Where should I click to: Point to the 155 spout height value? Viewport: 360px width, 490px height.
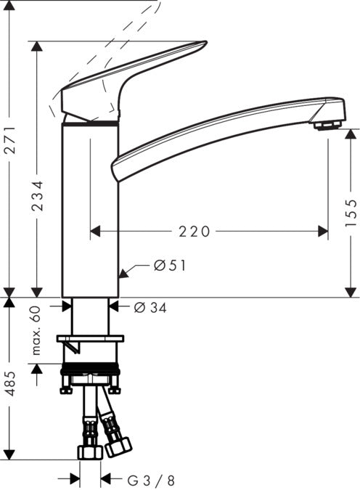[351, 213]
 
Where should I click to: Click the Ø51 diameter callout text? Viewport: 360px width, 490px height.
[170, 266]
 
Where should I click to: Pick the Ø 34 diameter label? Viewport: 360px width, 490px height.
[150, 308]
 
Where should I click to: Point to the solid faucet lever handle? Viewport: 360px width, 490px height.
[123, 80]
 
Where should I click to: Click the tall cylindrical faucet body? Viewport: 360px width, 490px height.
[90, 211]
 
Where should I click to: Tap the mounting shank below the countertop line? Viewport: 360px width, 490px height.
[90, 316]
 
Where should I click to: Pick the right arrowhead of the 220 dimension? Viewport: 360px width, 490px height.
[322, 232]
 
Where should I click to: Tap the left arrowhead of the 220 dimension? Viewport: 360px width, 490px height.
[95, 232]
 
